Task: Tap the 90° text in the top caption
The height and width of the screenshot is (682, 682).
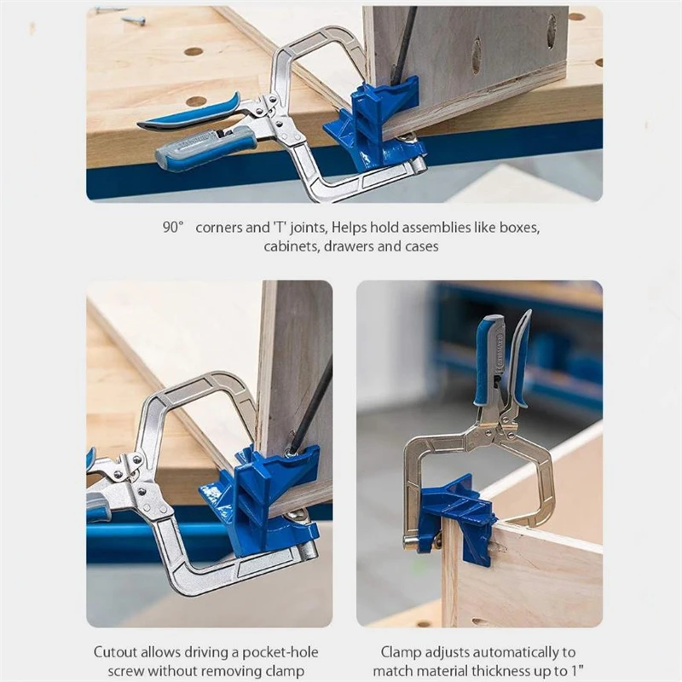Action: pos(173,228)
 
